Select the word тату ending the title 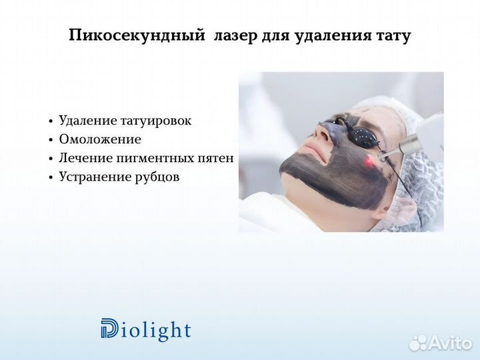393,36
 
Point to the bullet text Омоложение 100,139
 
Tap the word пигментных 156,158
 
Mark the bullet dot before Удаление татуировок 51,121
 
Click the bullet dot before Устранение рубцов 51,177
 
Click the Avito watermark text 450,343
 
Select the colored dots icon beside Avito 418,343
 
